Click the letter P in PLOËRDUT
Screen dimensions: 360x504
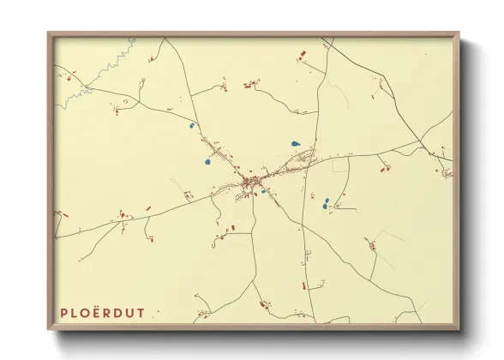click(x=64, y=313)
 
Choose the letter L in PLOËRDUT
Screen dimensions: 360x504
click(x=76, y=313)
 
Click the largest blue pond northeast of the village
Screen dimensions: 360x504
click(x=296, y=143)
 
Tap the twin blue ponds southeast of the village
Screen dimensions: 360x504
click(x=326, y=204)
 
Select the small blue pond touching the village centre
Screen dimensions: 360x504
click(x=263, y=190)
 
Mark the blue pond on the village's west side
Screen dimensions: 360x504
click(x=207, y=160)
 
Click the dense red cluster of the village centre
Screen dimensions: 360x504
click(x=251, y=182)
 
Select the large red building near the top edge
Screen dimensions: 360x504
click(x=302, y=54)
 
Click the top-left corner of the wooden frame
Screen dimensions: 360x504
click(x=48, y=33)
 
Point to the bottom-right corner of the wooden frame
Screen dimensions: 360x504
click(x=459, y=329)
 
